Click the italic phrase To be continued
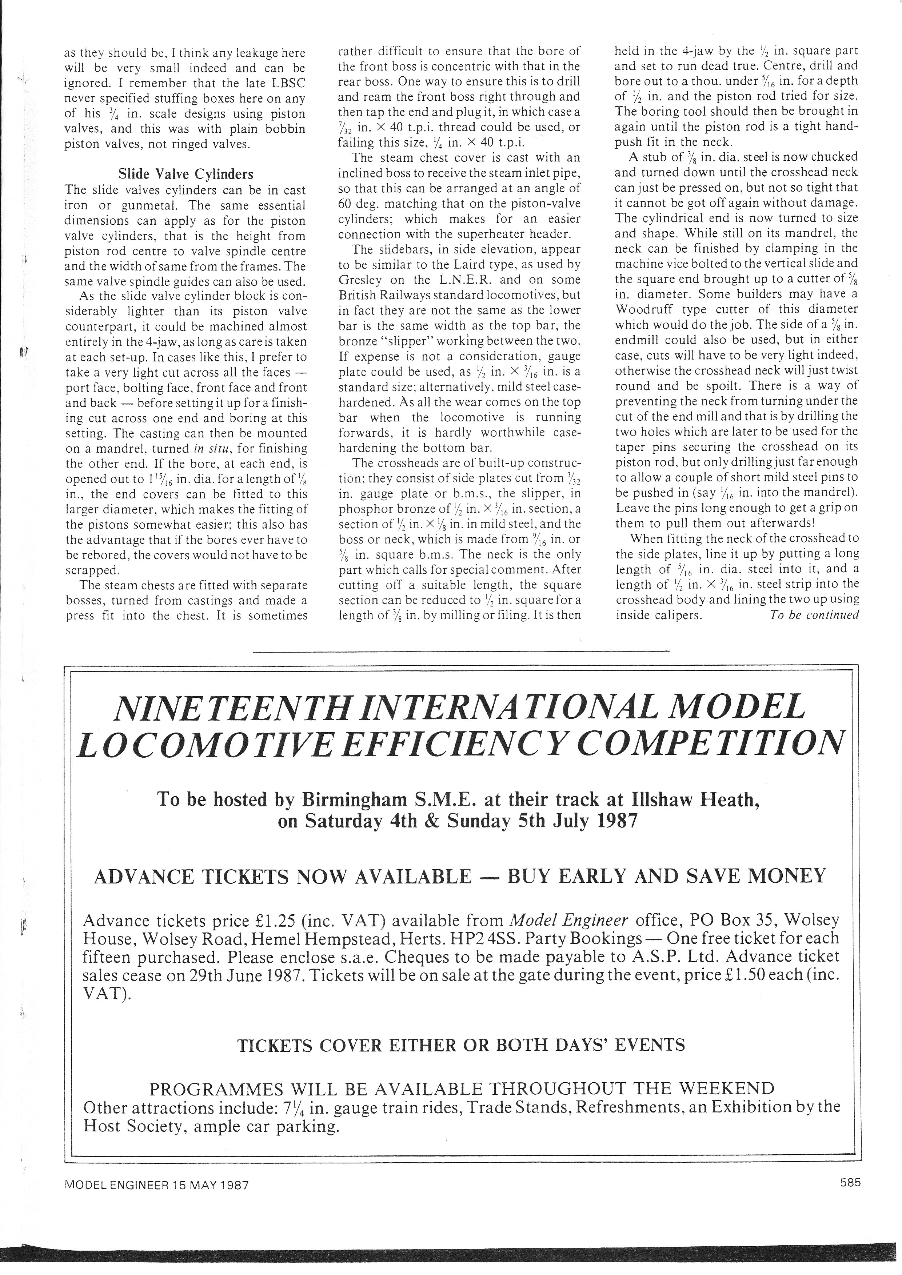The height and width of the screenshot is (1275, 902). pyautogui.click(x=814, y=615)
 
